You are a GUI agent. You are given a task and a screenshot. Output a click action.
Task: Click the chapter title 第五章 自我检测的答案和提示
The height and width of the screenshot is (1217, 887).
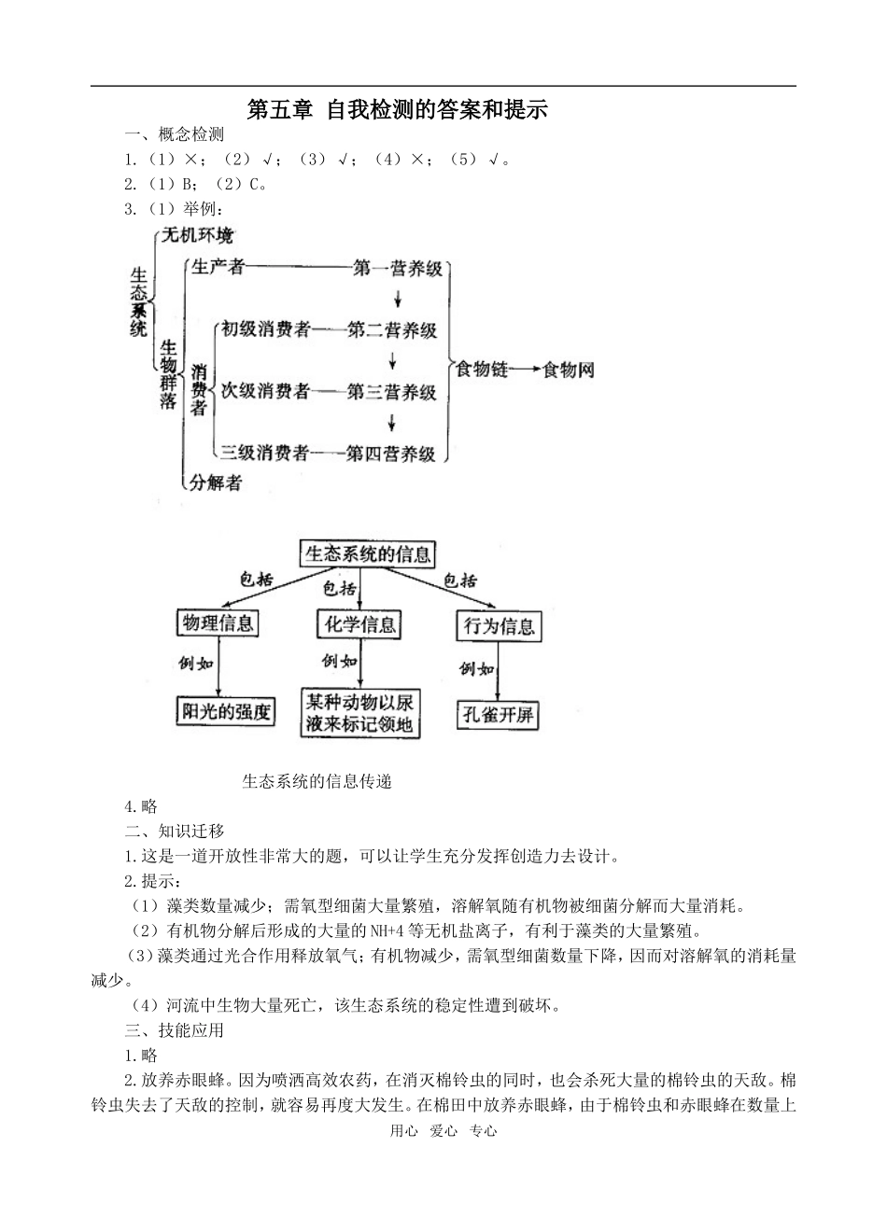click(x=397, y=110)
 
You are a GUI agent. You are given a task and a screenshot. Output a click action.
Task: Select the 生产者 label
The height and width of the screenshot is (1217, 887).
click(x=218, y=269)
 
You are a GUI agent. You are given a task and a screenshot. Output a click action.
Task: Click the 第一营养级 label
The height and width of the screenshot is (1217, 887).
click(x=397, y=270)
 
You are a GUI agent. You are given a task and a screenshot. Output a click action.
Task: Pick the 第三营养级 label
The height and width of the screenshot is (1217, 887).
click(x=391, y=392)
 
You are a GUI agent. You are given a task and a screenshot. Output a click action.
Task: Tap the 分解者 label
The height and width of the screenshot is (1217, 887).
click(x=216, y=482)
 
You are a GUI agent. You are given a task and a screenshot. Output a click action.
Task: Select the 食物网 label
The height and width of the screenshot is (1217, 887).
click(x=569, y=370)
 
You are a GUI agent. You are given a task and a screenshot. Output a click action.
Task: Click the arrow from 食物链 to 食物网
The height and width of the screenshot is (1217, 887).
click(x=525, y=370)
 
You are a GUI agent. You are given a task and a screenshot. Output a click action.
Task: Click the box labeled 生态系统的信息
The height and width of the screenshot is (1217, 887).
click(x=368, y=554)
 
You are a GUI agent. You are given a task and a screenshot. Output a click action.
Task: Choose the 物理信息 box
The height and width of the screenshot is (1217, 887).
click(x=218, y=623)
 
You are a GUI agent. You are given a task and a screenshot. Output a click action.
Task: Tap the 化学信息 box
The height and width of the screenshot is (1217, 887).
click(x=359, y=624)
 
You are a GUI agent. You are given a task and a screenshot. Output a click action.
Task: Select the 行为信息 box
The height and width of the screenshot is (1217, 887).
click(x=500, y=626)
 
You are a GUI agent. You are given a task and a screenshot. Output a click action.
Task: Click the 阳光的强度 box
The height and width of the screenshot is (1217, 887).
click(x=225, y=711)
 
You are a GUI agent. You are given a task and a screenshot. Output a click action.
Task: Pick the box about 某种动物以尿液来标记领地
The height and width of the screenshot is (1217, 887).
click(x=359, y=713)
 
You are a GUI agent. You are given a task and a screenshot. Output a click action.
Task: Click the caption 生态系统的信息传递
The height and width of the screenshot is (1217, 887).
click(x=317, y=782)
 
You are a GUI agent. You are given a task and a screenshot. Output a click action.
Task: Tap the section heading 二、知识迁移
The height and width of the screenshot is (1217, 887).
click(x=175, y=831)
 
